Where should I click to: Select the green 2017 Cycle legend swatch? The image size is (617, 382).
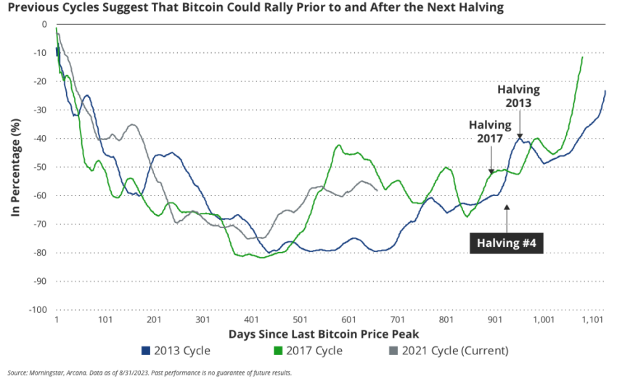[277, 351]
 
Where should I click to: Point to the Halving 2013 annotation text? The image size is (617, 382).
[519, 95]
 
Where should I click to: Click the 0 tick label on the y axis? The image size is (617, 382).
[44, 25]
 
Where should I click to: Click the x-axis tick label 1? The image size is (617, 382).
[56, 320]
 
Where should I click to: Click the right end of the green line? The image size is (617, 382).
[582, 57]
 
